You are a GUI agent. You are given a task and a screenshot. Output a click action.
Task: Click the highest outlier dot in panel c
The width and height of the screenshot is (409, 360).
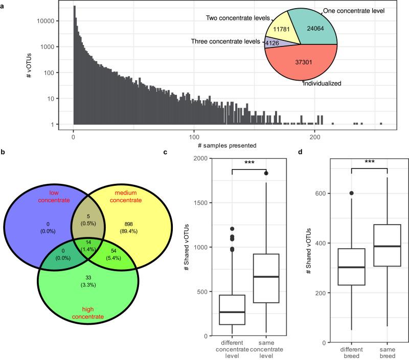tap(266, 173)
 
